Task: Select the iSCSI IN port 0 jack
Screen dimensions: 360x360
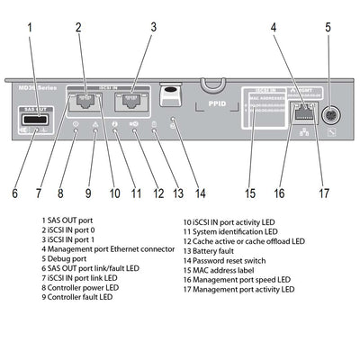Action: (86, 103)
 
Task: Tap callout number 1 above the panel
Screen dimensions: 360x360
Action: (31, 27)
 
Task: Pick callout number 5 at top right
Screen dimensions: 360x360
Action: (327, 27)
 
